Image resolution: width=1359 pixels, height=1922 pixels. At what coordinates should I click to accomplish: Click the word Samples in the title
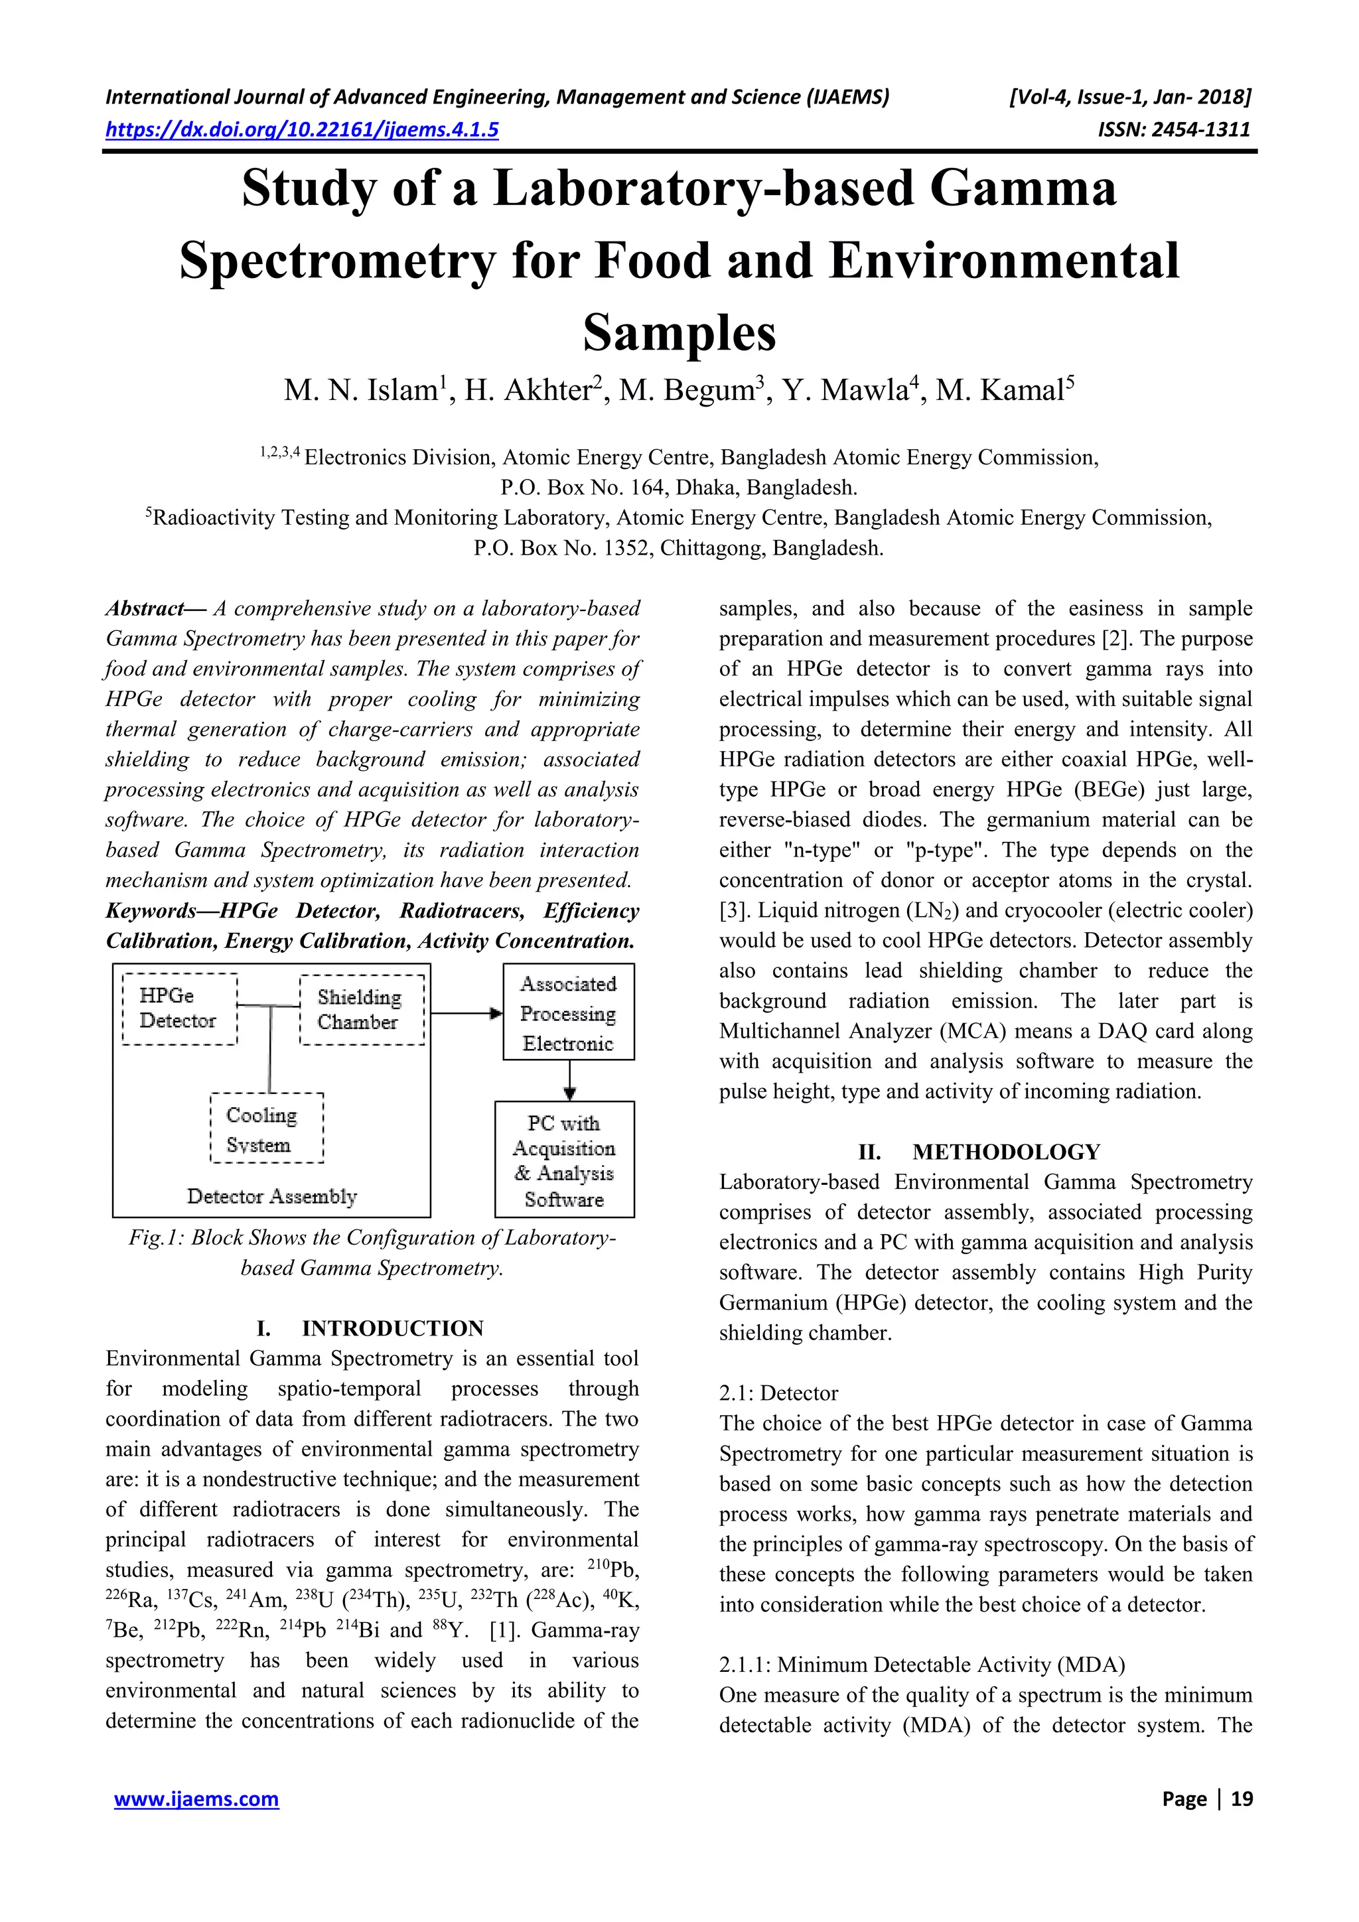pos(679,333)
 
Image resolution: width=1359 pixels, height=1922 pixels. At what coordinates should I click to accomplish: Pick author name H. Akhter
pos(528,391)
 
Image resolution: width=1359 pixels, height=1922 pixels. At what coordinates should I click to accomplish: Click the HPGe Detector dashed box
pos(179,1008)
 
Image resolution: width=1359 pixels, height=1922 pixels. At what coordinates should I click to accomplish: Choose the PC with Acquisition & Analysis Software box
pos(564,1160)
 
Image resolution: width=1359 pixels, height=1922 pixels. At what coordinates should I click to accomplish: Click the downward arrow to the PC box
pos(569,1081)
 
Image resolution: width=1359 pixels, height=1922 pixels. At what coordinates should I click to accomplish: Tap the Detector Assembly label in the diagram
pos(271,1196)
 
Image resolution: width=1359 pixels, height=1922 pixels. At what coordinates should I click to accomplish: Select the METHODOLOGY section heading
pos(1005,1152)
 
